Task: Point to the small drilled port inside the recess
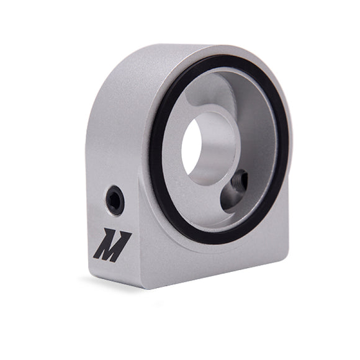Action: pos(237,184)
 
